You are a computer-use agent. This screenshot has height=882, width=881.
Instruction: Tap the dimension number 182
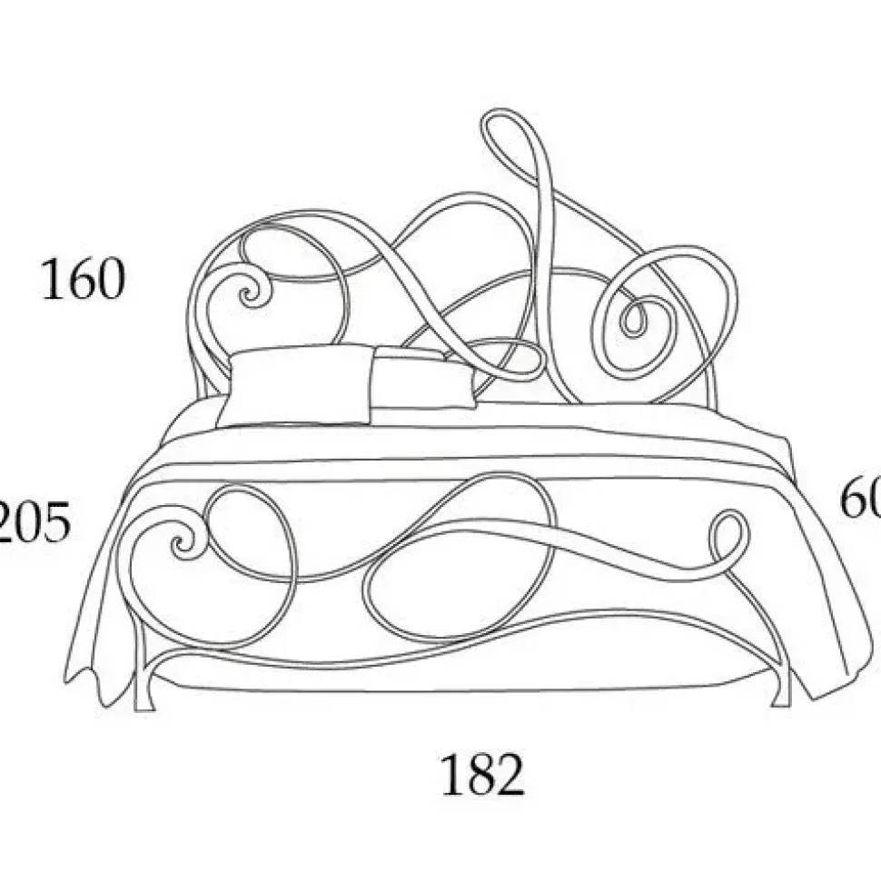(482, 775)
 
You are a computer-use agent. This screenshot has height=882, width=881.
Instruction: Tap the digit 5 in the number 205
(56, 524)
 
